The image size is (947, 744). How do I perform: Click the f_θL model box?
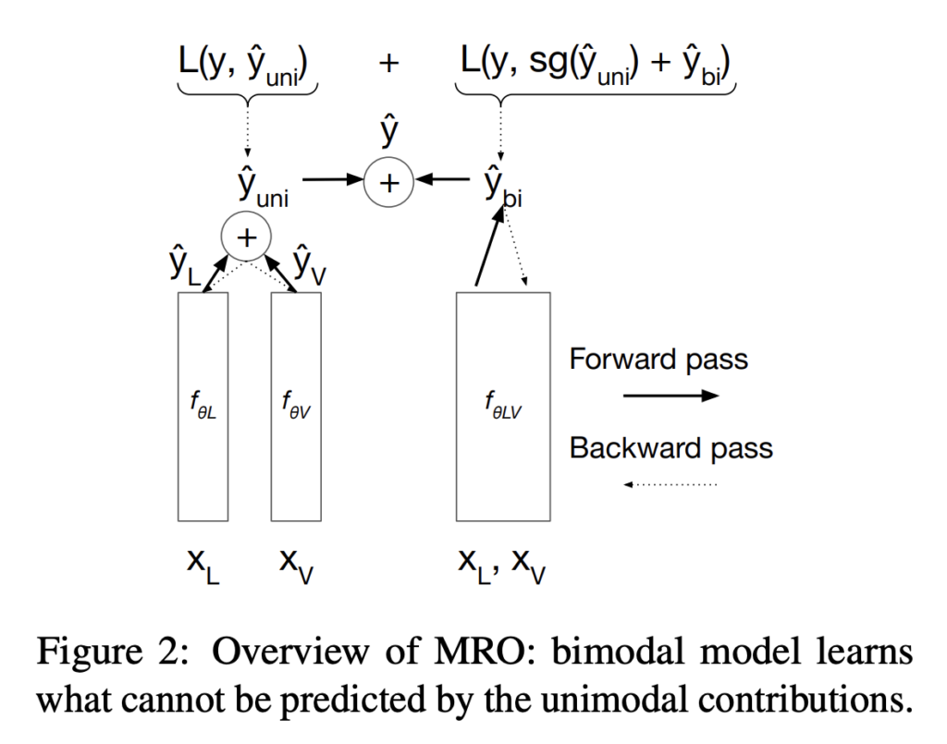[x=203, y=407]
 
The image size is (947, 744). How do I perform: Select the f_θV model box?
[x=295, y=407]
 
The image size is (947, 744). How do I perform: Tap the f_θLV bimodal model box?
[x=503, y=407]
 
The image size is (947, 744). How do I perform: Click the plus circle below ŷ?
[x=389, y=183]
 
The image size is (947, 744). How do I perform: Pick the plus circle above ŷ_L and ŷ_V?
[x=246, y=238]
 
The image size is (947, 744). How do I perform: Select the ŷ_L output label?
[x=185, y=269]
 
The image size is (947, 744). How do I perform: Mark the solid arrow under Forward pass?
[x=671, y=396]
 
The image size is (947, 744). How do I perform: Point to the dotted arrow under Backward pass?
[x=671, y=483]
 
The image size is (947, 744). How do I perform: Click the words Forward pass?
[x=658, y=359]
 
